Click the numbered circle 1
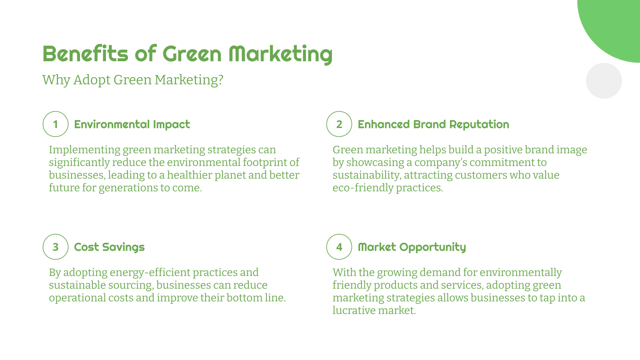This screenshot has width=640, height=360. [56, 124]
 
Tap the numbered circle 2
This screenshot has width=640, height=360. [339, 124]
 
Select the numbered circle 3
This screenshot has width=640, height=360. [56, 247]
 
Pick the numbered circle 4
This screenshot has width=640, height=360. [339, 247]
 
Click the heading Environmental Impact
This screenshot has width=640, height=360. [132, 124]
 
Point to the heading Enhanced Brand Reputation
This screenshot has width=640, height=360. [433, 124]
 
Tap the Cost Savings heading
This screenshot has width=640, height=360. [109, 247]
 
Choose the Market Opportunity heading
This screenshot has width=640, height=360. [412, 247]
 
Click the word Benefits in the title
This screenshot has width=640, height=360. [85, 54]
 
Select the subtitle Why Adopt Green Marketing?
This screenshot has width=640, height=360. [132, 80]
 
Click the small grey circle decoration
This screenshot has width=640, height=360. [604, 81]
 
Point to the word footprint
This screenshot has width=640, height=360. [266, 162]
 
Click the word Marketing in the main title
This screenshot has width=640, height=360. [280, 54]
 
